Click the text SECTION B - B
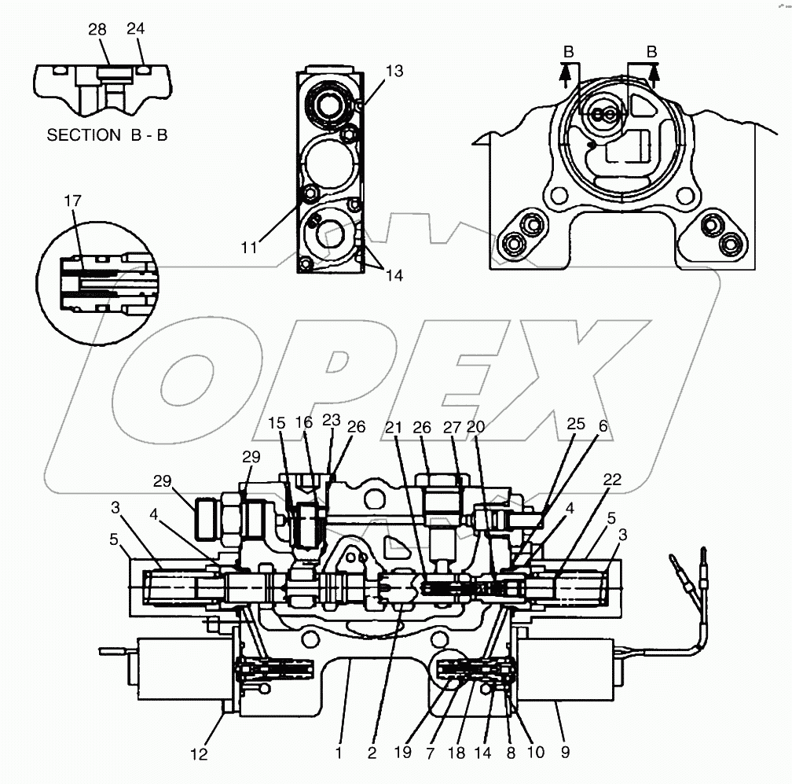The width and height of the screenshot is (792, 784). pyautogui.click(x=108, y=134)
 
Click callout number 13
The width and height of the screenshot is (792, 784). pyautogui.click(x=394, y=71)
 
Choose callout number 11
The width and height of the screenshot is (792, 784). pyautogui.click(x=250, y=247)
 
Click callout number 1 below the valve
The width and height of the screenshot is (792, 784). pyautogui.click(x=339, y=753)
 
